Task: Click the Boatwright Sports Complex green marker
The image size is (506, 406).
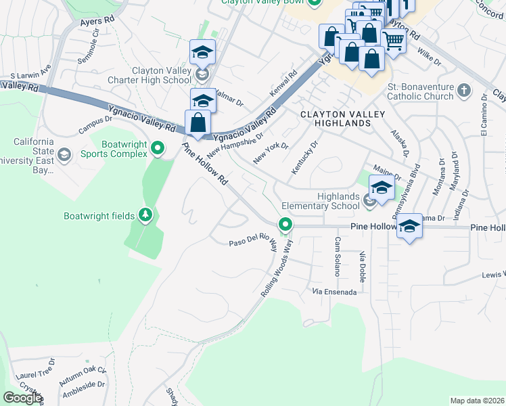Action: [158, 148]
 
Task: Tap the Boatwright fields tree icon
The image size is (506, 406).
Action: [145, 215]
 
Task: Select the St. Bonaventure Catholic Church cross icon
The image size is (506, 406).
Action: [464, 90]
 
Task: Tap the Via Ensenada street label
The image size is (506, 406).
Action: [334, 292]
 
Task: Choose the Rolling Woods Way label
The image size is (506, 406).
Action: [278, 267]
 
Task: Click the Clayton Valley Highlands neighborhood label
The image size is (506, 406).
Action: [336, 118]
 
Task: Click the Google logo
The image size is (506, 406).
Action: [22, 398]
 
